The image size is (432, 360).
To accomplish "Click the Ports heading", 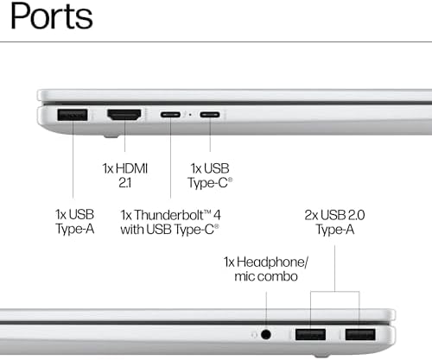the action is (51, 16).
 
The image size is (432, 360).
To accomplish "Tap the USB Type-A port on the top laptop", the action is (73, 115).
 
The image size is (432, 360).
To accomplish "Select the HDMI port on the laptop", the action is (124, 115).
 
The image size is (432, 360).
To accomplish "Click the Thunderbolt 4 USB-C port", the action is (170, 115).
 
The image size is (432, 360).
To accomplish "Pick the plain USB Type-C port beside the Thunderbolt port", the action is (210, 115).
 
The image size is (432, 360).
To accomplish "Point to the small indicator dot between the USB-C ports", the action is (190, 115).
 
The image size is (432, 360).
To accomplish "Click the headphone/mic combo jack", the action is (266, 334).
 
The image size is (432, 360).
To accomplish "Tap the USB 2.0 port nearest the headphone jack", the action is (310, 334).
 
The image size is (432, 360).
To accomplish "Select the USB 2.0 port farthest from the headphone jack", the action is (360, 334).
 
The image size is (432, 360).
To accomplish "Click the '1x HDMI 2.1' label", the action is (125, 175).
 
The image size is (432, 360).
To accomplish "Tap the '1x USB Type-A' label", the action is (75, 222).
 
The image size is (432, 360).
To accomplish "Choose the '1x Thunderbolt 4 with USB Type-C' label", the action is (170, 222).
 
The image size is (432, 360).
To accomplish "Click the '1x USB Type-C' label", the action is (210, 175).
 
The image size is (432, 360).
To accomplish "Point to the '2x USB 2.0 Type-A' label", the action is (334, 222).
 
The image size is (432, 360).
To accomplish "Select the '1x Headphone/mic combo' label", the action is (266, 269).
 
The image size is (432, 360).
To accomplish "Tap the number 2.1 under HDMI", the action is (125, 183).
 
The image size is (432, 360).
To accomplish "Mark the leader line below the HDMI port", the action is (124, 136).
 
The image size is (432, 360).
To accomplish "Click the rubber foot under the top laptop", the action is (111, 136).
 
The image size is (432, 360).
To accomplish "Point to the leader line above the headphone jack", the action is (266, 311).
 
